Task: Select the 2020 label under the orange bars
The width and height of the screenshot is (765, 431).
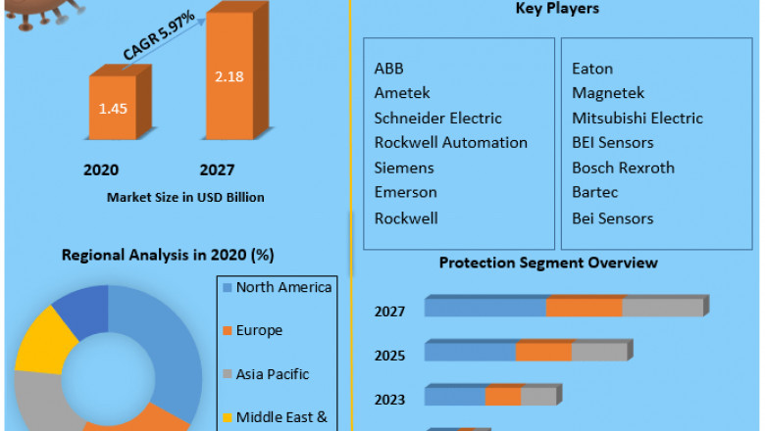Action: coord(101,169)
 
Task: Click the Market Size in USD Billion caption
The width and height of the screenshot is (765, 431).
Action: coord(185,197)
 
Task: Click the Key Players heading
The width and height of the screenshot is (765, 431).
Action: coord(557,9)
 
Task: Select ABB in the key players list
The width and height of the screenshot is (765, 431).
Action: coord(388,69)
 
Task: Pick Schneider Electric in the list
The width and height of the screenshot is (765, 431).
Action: coord(437,119)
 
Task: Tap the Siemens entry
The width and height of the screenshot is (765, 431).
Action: coord(404,168)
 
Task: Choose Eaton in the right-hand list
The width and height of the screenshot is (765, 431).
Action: coord(592,69)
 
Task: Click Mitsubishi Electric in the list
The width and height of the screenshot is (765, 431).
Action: coord(637,119)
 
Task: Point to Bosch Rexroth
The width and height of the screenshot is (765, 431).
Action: coord(623,168)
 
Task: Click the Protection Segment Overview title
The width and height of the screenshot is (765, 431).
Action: coord(548,263)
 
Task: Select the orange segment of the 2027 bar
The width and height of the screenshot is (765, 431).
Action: coord(585,308)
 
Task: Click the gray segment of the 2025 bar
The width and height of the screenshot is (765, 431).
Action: coord(598,352)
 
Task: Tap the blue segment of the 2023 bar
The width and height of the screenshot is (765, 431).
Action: coord(455,396)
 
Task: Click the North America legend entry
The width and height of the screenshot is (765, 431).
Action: coord(283,287)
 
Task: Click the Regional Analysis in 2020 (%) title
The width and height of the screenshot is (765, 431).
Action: coord(167,255)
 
